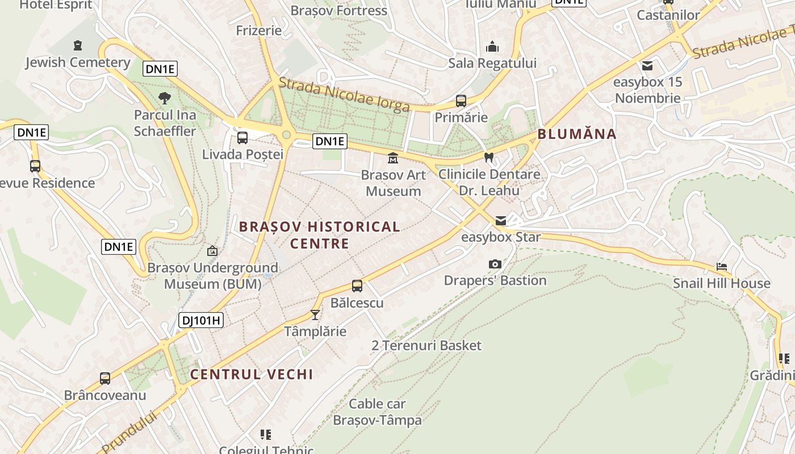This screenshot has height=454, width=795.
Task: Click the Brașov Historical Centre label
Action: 319,235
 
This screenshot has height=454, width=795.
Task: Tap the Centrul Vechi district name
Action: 252,374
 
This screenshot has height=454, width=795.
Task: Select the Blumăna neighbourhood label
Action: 577,134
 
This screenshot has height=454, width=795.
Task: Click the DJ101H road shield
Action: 202,320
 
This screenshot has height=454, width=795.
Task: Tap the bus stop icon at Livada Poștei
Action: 242,137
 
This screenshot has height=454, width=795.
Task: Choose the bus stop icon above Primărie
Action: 461,101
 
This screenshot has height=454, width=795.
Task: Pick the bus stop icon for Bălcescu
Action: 357,286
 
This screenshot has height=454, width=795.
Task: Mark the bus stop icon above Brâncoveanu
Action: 105,379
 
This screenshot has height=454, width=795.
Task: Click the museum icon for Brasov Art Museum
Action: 393,158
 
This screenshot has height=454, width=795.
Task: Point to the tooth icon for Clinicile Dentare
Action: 489,157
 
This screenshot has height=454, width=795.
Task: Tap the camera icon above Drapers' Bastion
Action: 495,264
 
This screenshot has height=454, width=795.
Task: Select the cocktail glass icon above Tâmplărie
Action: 315,314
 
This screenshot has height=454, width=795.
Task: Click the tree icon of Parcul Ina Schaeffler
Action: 165,98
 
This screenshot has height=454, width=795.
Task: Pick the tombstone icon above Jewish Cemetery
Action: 78,45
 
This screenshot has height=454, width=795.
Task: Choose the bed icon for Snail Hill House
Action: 722,266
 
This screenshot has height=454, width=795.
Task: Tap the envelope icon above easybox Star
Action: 501,220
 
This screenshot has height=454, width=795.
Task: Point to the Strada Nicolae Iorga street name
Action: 344,95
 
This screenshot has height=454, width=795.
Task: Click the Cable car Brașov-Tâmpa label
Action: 377,412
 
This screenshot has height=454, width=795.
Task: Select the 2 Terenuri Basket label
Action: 426,345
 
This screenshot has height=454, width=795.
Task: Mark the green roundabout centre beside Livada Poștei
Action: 287,135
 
